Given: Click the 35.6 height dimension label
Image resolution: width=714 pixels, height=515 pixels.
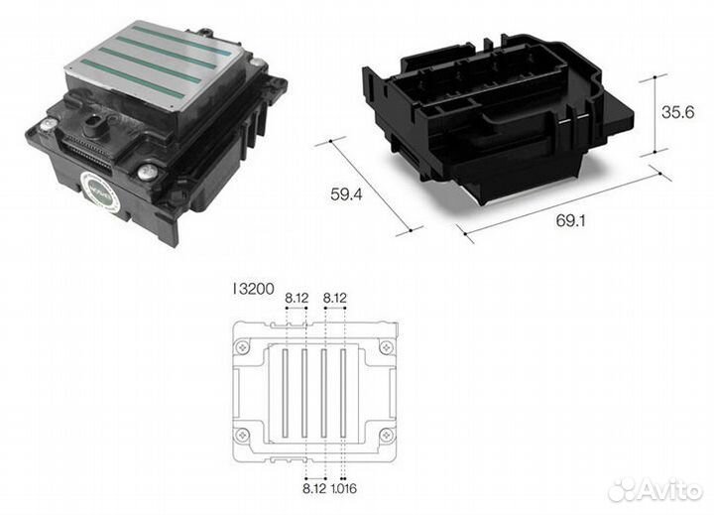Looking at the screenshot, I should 678,113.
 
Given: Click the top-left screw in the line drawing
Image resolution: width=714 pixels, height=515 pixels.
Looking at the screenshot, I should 242,347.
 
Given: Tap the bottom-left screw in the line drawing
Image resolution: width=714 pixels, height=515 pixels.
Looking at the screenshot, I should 242,434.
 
